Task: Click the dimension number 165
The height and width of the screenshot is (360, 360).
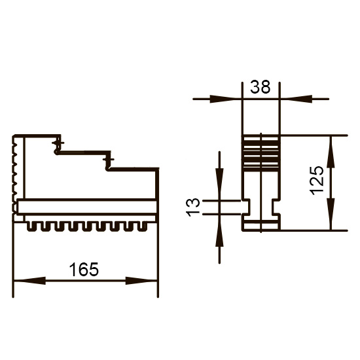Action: coord(84,269)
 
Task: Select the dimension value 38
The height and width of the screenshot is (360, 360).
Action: coord(260,87)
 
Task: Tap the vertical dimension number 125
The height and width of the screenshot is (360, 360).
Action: coord(317,181)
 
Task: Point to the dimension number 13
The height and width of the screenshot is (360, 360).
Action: coord(193,207)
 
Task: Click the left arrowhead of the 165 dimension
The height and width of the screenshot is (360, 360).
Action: coord(29,281)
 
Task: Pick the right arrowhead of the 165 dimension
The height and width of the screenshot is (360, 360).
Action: coord(141,281)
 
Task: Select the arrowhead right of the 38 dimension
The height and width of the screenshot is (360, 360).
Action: coord(296,99)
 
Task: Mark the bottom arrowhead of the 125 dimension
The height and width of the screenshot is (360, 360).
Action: coord(331,214)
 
